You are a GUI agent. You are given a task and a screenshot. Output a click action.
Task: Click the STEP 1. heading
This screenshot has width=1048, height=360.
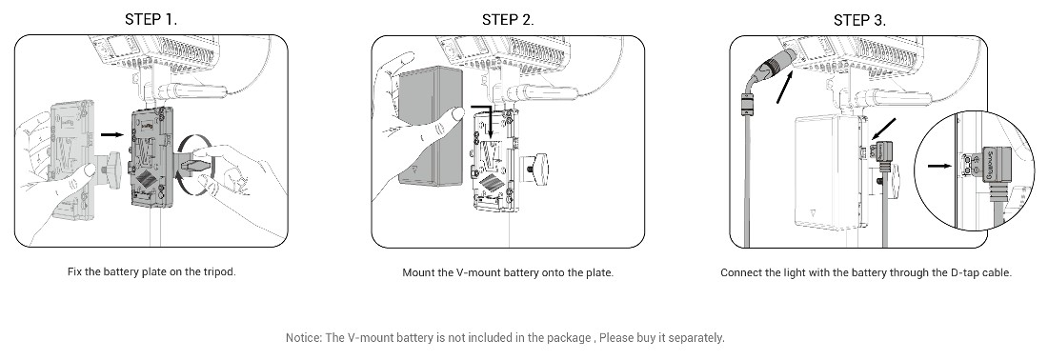(x=151, y=19)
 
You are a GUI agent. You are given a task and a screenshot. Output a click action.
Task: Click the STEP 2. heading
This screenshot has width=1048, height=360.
(x=508, y=19)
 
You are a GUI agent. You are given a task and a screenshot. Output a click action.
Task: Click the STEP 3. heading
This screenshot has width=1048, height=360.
(x=859, y=20)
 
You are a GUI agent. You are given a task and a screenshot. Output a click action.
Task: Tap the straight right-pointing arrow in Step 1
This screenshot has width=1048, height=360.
(x=112, y=135)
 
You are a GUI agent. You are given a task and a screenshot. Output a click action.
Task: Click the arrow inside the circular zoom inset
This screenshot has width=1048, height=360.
(x=939, y=165)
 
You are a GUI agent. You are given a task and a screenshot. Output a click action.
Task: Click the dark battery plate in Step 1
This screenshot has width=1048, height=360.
(x=151, y=160)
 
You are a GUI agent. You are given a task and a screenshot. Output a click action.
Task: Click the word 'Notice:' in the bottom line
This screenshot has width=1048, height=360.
(x=304, y=337)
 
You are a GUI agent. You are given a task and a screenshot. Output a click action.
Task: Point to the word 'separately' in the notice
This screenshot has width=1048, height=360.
(x=696, y=337)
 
